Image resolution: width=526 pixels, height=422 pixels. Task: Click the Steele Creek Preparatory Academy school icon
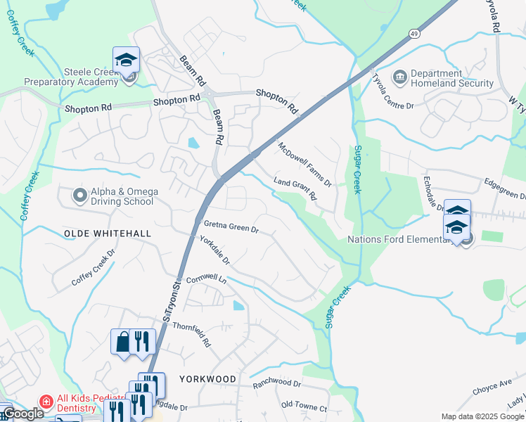(x=126, y=60)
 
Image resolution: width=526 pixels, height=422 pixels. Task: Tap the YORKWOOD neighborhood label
(x=207, y=378)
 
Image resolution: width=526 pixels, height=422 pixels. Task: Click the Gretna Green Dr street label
(x=231, y=227)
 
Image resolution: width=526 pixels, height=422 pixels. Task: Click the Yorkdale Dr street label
(x=214, y=250)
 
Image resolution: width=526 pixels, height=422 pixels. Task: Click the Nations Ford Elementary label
(x=399, y=239)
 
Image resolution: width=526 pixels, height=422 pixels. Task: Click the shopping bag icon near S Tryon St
(x=123, y=342)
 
